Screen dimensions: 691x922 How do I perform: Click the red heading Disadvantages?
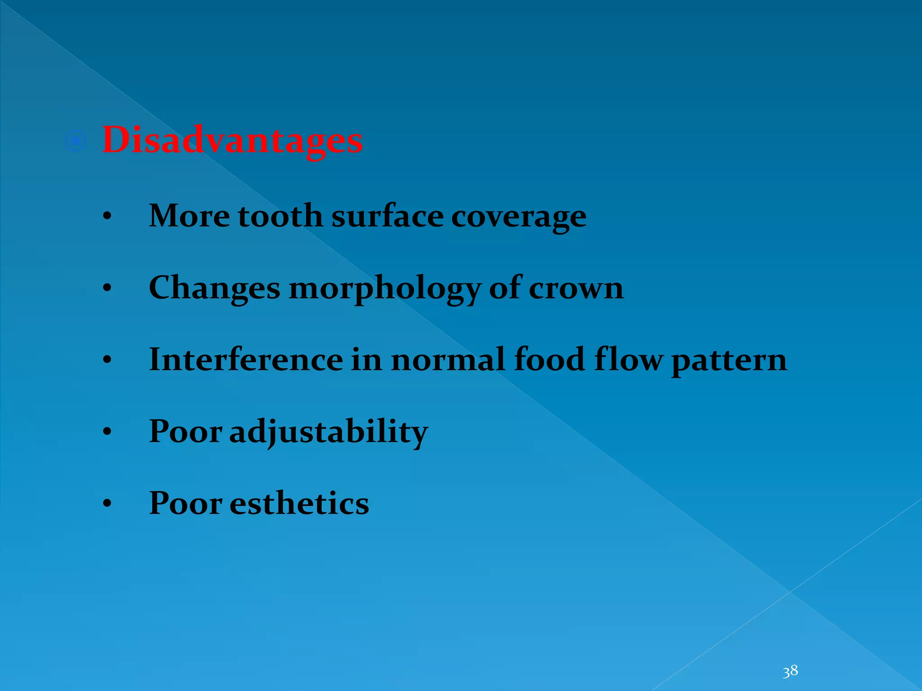(x=232, y=140)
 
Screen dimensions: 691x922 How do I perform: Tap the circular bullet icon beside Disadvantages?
(x=76, y=142)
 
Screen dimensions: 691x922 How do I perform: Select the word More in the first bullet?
(x=190, y=215)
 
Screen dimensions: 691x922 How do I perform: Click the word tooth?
(x=280, y=215)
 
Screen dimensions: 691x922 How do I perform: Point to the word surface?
(x=387, y=215)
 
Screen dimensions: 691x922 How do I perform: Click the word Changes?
(x=214, y=288)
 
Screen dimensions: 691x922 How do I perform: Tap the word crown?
(x=576, y=288)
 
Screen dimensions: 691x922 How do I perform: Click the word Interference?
(x=246, y=360)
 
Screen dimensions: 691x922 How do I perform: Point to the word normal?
(x=448, y=360)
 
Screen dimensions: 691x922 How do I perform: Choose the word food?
(x=549, y=360)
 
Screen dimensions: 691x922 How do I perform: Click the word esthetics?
(x=299, y=503)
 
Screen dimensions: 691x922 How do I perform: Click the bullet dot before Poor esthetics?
(x=107, y=504)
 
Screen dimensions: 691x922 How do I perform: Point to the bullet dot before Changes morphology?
(x=107, y=289)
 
